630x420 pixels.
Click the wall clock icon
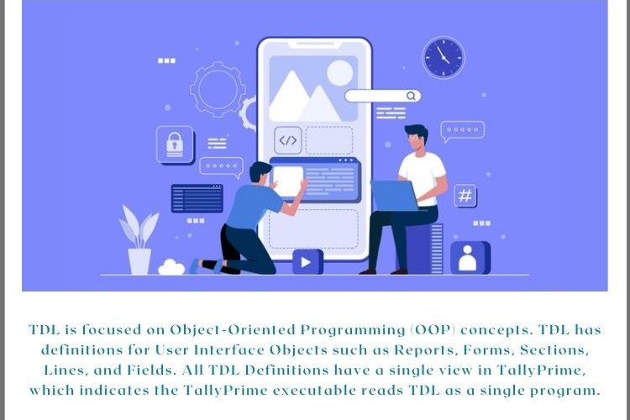[444, 57]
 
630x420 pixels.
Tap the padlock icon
[175, 144]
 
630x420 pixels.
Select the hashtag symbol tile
[465, 196]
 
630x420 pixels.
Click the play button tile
[307, 261]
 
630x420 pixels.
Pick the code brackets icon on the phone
[287, 140]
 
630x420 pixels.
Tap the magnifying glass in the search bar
[411, 96]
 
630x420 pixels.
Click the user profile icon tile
[470, 258]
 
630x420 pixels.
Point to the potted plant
[139, 240]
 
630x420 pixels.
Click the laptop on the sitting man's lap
[396, 196]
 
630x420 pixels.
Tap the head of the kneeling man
[260, 172]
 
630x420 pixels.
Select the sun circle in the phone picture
[340, 74]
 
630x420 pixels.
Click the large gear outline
[218, 89]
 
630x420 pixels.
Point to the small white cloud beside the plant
[171, 268]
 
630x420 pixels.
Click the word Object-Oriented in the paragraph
[233, 330]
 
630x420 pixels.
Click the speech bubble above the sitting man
[463, 131]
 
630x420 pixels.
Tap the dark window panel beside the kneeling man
[197, 198]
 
